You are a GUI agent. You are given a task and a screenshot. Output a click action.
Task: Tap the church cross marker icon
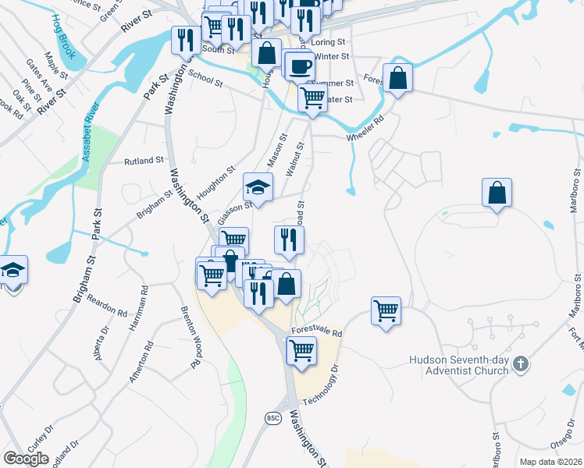522,363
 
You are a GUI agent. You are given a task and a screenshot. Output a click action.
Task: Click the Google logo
27,459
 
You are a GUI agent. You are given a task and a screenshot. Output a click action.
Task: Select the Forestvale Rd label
317,332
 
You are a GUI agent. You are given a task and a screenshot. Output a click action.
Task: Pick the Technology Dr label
321,380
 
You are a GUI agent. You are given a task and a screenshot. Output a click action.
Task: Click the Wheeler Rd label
367,129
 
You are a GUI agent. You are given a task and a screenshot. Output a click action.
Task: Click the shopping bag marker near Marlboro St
497,193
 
